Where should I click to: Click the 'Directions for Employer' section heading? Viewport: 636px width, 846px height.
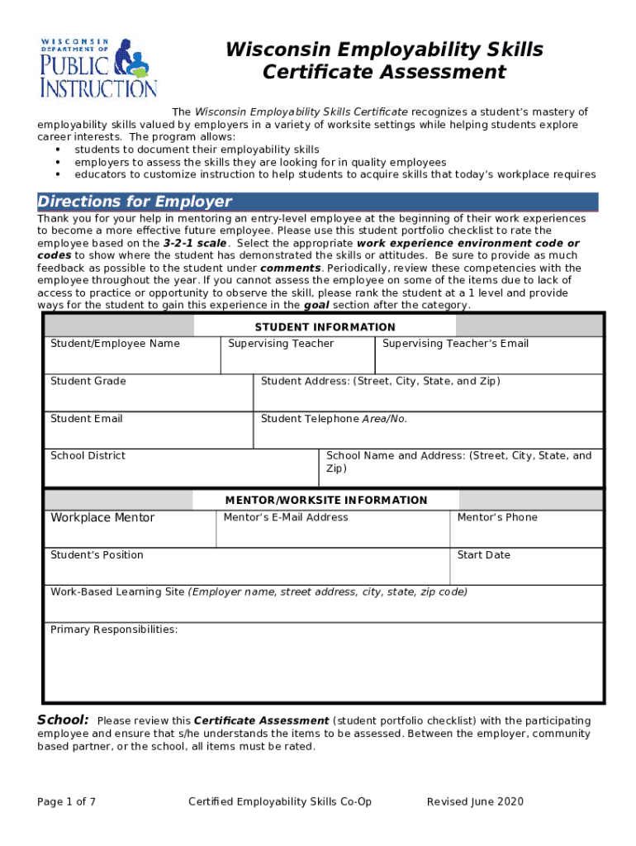click(x=135, y=202)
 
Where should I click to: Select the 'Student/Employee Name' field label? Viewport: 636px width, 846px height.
click(x=115, y=344)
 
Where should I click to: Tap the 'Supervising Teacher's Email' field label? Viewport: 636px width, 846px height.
click(x=455, y=344)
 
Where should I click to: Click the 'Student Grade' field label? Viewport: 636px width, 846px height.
click(x=88, y=381)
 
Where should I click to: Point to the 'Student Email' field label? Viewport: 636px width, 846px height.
click(x=86, y=419)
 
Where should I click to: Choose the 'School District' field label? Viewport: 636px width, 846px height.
click(x=88, y=456)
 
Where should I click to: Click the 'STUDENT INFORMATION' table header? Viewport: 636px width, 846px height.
click(x=325, y=327)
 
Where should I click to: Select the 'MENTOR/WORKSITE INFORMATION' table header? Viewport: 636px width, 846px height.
click(x=326, y=500)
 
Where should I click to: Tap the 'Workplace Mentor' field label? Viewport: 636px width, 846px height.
click(x=102, y=518)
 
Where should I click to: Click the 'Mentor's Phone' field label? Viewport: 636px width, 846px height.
click(x=497, y=517)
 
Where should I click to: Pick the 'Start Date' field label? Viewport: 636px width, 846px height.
click(x=483, y=555)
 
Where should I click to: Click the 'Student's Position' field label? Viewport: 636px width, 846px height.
click(x=97, y=555)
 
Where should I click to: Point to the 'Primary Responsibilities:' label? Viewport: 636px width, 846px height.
click(x=114, y=630)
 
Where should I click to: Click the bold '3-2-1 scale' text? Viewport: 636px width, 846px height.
click(x=194, y=244)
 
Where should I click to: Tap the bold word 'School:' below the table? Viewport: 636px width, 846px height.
click(x=63, y=720)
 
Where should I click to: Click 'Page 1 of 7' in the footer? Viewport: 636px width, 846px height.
click(x=66, y=801)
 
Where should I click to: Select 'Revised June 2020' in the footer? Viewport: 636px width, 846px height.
click(x=475, y=801)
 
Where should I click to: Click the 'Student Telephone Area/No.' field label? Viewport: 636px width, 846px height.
click(x=334, y=419)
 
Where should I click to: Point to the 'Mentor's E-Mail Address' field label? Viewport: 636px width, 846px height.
click(x=286, y=517)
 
